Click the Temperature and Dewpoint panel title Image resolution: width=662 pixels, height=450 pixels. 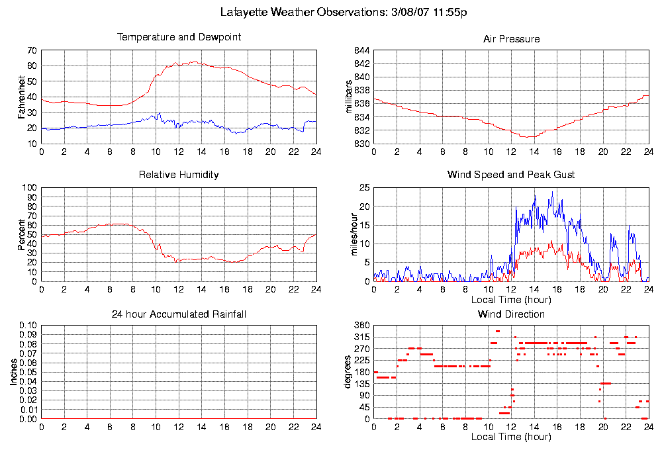click(179, 37)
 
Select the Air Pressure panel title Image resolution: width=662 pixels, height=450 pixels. click(511, 39)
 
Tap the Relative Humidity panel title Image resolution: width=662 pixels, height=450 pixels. click(179, 175)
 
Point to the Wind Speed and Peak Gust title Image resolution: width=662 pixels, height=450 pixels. click(511, 175)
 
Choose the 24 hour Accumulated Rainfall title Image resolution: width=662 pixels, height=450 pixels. click(179, 314)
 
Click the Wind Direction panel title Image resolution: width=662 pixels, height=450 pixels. click(511, 314)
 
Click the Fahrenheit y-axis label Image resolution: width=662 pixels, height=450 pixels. click(22, 97)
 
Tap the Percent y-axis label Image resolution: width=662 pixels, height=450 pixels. click(22, 234)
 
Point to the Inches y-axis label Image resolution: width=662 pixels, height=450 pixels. click(14, 373)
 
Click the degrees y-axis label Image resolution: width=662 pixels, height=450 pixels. click(349, 373)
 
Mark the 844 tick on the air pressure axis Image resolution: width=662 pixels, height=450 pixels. click(361, 50)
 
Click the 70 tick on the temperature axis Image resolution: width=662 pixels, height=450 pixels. click(32, 50)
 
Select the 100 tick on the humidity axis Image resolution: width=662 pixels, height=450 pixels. click(29, 188)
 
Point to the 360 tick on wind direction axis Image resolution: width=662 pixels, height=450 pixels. click(361, 326)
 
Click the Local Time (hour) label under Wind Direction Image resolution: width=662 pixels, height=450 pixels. click(511, 437)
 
